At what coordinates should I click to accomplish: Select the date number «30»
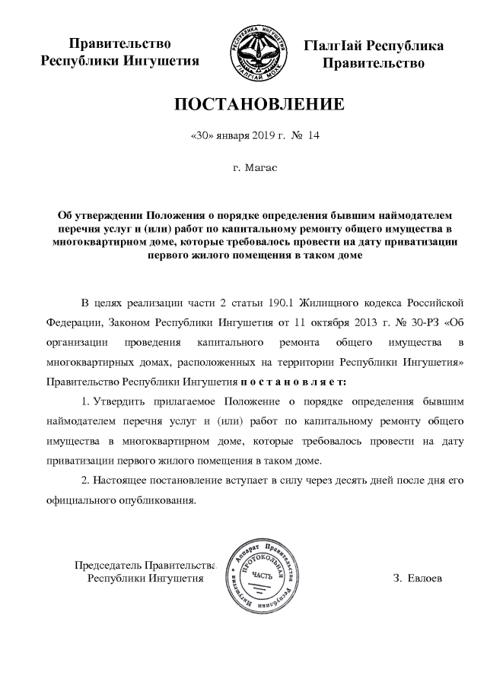(x=199, y=137)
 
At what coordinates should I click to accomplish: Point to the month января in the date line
(x=231, y=137)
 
